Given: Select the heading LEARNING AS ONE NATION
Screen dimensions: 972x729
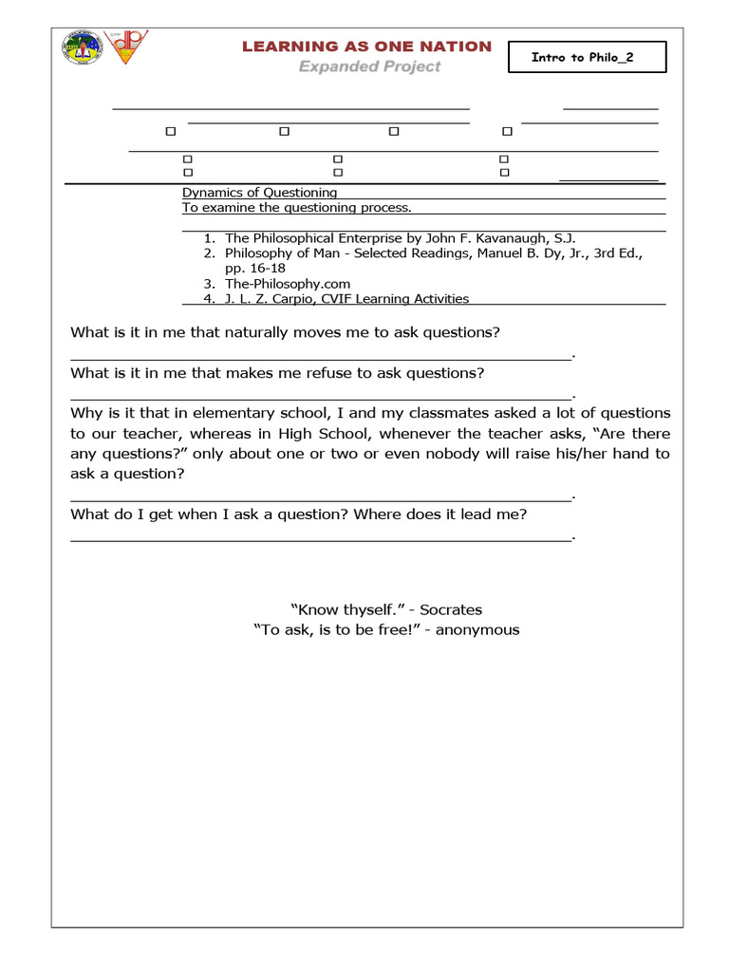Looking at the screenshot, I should [x=366, y=47].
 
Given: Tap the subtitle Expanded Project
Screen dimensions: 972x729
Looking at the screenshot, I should [x=370, y=66].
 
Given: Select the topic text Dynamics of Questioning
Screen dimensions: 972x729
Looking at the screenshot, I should [x=259, y=192].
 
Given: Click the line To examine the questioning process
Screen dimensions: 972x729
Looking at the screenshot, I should [x=297, y=207].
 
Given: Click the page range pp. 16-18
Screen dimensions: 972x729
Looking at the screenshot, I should [x=255, y=268].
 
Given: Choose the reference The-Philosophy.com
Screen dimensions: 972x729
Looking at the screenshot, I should [x=288, y=283].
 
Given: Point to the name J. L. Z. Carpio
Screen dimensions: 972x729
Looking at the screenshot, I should [x=262, y=298].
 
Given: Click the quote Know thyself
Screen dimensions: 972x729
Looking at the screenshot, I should [x=343, y=609].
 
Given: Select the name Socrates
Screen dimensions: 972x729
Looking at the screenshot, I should [x=451, y=609].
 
